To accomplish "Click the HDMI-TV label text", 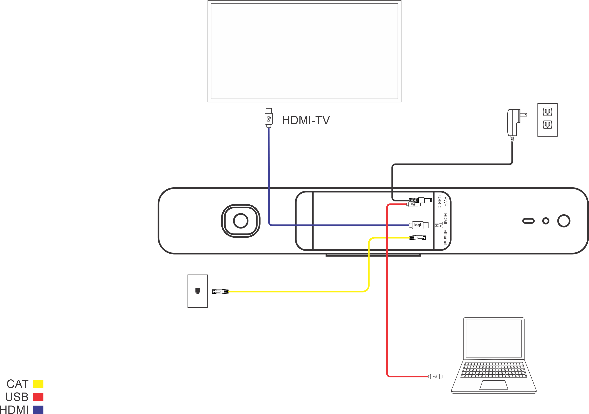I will click(x=306, y=120).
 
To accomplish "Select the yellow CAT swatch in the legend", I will click(x=38, y=384).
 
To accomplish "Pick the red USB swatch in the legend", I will click(x=38, y=397).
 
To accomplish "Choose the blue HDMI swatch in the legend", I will click(x=38, y=409).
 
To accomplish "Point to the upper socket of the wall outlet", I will click(x=547, y=112).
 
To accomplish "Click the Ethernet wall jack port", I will click(x=198, y=291).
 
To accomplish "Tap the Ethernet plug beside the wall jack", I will click(x=220, y=292).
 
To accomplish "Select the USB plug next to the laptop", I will click(x=435, y=376).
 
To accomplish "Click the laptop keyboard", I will click(x=493, y=370).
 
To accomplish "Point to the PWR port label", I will click(x=446, y=202).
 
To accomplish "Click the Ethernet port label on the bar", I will click(x=446, y=238).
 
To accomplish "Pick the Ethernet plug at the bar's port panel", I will click(x=418, y=238).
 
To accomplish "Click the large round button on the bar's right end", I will click(x=564, y=221).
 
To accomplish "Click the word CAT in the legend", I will click(x=17, y=384).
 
